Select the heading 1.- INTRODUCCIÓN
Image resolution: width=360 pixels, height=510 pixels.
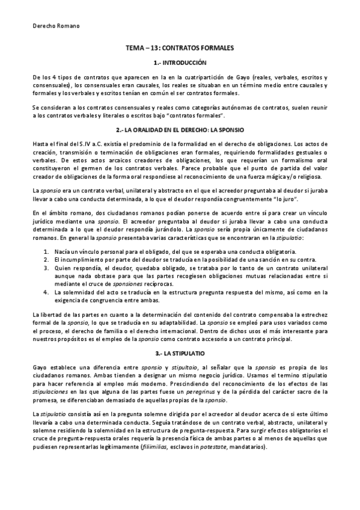tap(180, 63)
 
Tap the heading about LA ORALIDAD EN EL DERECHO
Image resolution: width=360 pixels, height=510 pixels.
tap(180, 130)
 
